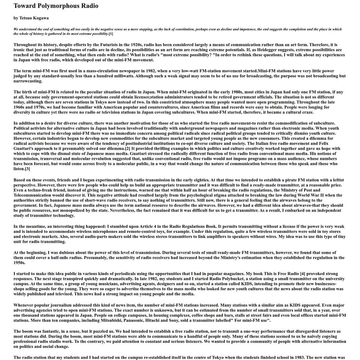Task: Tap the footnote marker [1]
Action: coord(111,34)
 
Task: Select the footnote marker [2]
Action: coord(128,148)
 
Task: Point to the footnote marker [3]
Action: coord(27,169)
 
